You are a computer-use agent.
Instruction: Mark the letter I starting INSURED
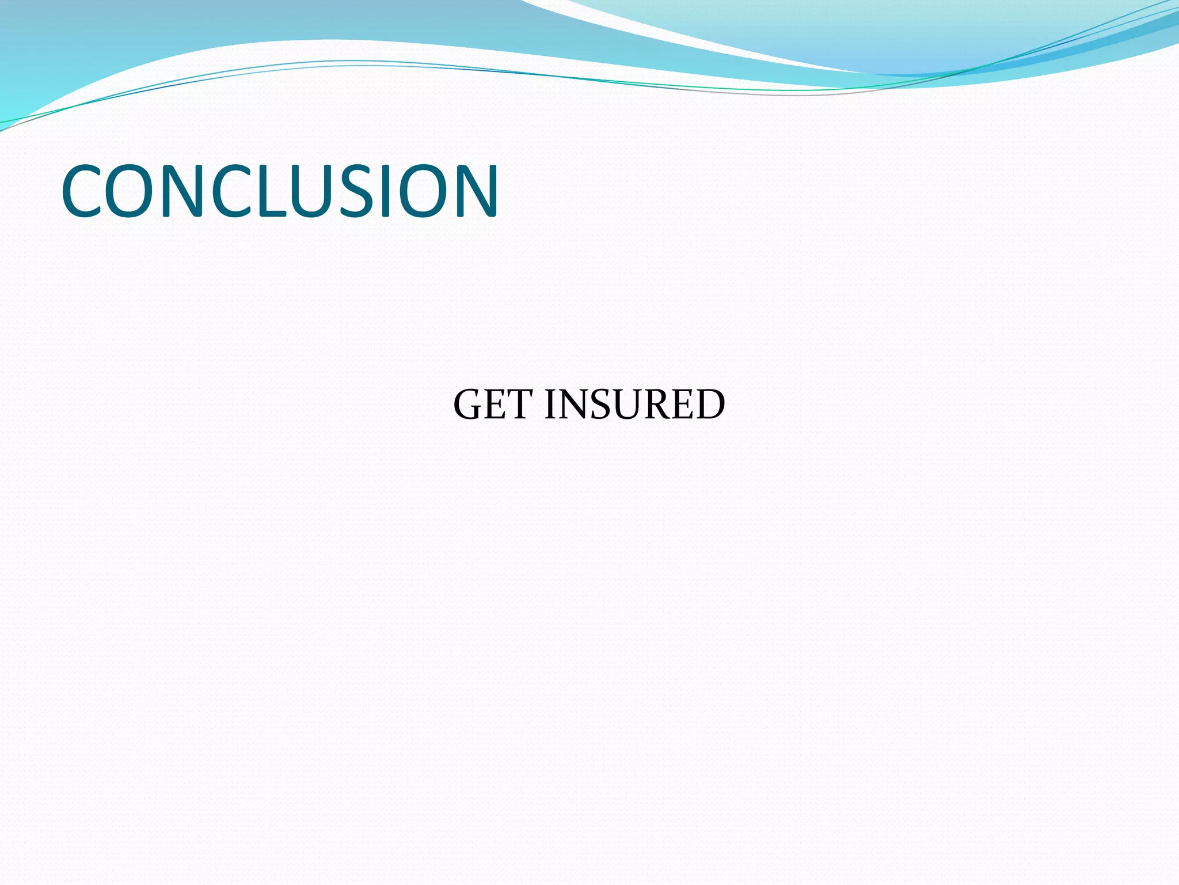[x=550, y=404]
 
